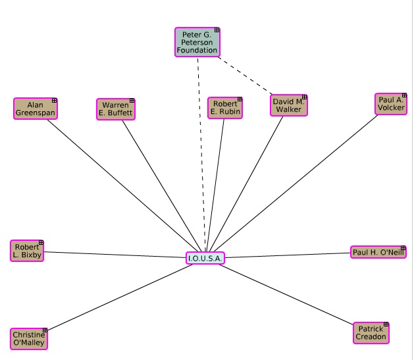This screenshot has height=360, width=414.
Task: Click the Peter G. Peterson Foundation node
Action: [197, 42]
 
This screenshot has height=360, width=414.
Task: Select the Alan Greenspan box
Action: [35, 109]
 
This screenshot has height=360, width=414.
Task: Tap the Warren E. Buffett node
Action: [115, 109]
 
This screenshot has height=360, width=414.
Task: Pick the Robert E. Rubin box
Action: [224, 108]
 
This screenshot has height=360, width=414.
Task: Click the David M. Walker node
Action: [288, 105]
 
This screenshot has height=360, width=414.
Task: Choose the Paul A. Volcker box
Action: [390, 103]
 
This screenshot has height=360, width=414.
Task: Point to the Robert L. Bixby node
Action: [27, 251]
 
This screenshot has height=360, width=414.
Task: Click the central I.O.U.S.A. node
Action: [205, 258]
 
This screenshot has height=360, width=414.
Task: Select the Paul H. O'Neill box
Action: [378, 252]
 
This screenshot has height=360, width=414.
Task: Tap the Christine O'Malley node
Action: [29, 338]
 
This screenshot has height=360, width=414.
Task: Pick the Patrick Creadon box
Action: [371, 333]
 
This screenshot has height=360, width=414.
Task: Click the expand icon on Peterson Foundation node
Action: [217, 30]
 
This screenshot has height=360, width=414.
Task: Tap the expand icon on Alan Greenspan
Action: [54, 101]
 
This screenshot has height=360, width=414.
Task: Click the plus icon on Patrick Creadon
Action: [386, 324]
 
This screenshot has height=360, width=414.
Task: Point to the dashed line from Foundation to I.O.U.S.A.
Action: [201, 151]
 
